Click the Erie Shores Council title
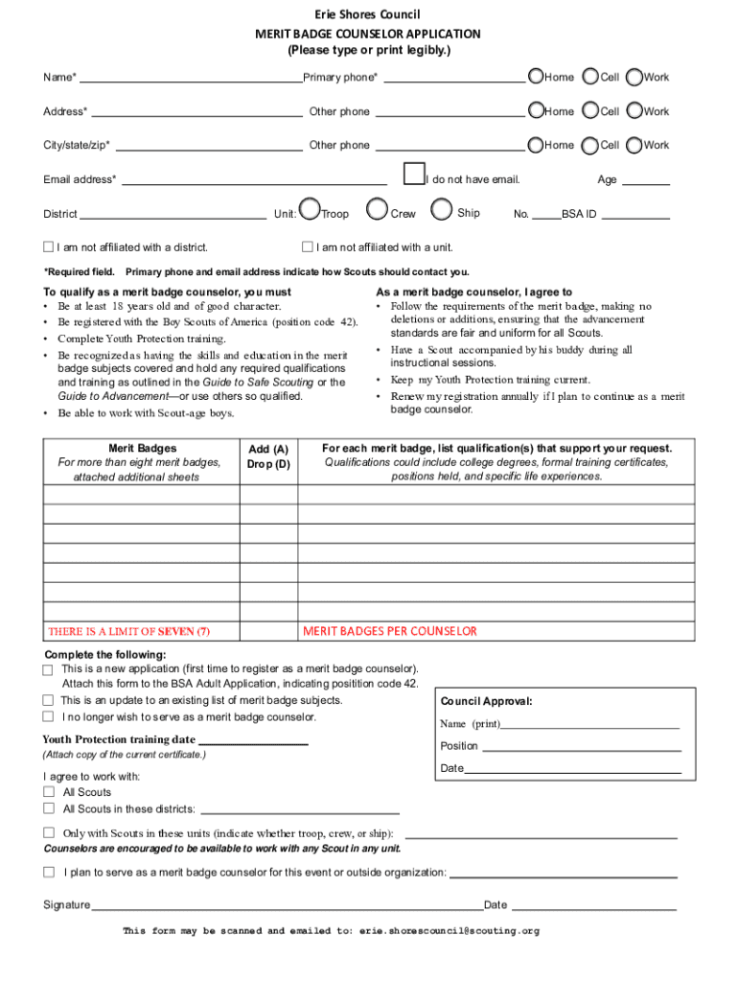point(369,14)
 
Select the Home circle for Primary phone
point(535,77)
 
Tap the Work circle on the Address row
point(634,111)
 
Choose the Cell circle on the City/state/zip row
point(590,145)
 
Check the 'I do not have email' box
point(414,174)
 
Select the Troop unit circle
point(310,209)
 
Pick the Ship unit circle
point(441,209)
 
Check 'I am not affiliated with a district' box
point(49,247)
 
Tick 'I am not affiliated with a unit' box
point(308,247)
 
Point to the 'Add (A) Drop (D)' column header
point(268,456)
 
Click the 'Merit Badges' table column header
point(142,448)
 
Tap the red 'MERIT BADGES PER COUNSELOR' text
point(389,631)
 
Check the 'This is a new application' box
point(48,669)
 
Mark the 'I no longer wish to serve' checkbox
point(48,716)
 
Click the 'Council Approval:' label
point(486,701)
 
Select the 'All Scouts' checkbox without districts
point(49,792)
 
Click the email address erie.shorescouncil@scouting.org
point(450,930)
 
